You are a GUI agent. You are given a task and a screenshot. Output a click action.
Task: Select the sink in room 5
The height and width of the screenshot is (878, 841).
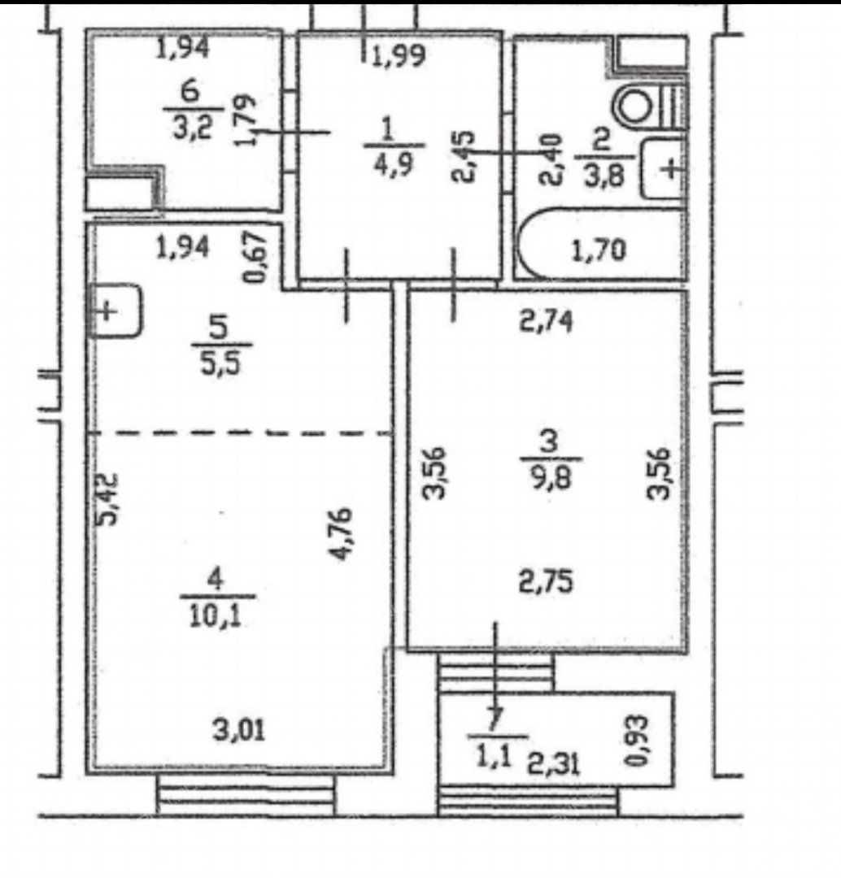[116, 311]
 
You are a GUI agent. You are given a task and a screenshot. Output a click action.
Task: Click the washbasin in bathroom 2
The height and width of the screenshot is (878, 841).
[662, 168]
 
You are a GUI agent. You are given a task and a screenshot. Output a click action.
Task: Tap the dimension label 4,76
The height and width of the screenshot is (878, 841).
[340, 533]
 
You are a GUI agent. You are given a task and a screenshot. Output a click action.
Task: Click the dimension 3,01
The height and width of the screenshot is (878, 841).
[238, 729]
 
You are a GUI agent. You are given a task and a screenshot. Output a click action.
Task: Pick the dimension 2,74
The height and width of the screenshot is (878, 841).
[547, 322]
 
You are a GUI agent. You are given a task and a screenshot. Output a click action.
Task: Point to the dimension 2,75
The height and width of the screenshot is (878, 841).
[546, 581]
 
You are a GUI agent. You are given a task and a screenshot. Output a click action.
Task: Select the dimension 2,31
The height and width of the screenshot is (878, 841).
[554, 763]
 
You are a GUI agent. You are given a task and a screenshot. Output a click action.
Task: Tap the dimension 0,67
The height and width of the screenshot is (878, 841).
[255, 257]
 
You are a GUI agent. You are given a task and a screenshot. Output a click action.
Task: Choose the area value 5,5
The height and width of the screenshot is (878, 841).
[222, 363]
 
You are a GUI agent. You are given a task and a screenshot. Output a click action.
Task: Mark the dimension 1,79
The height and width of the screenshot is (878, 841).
[246, 120]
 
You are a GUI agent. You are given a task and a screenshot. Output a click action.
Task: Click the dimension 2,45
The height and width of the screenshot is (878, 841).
[464, 157]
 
